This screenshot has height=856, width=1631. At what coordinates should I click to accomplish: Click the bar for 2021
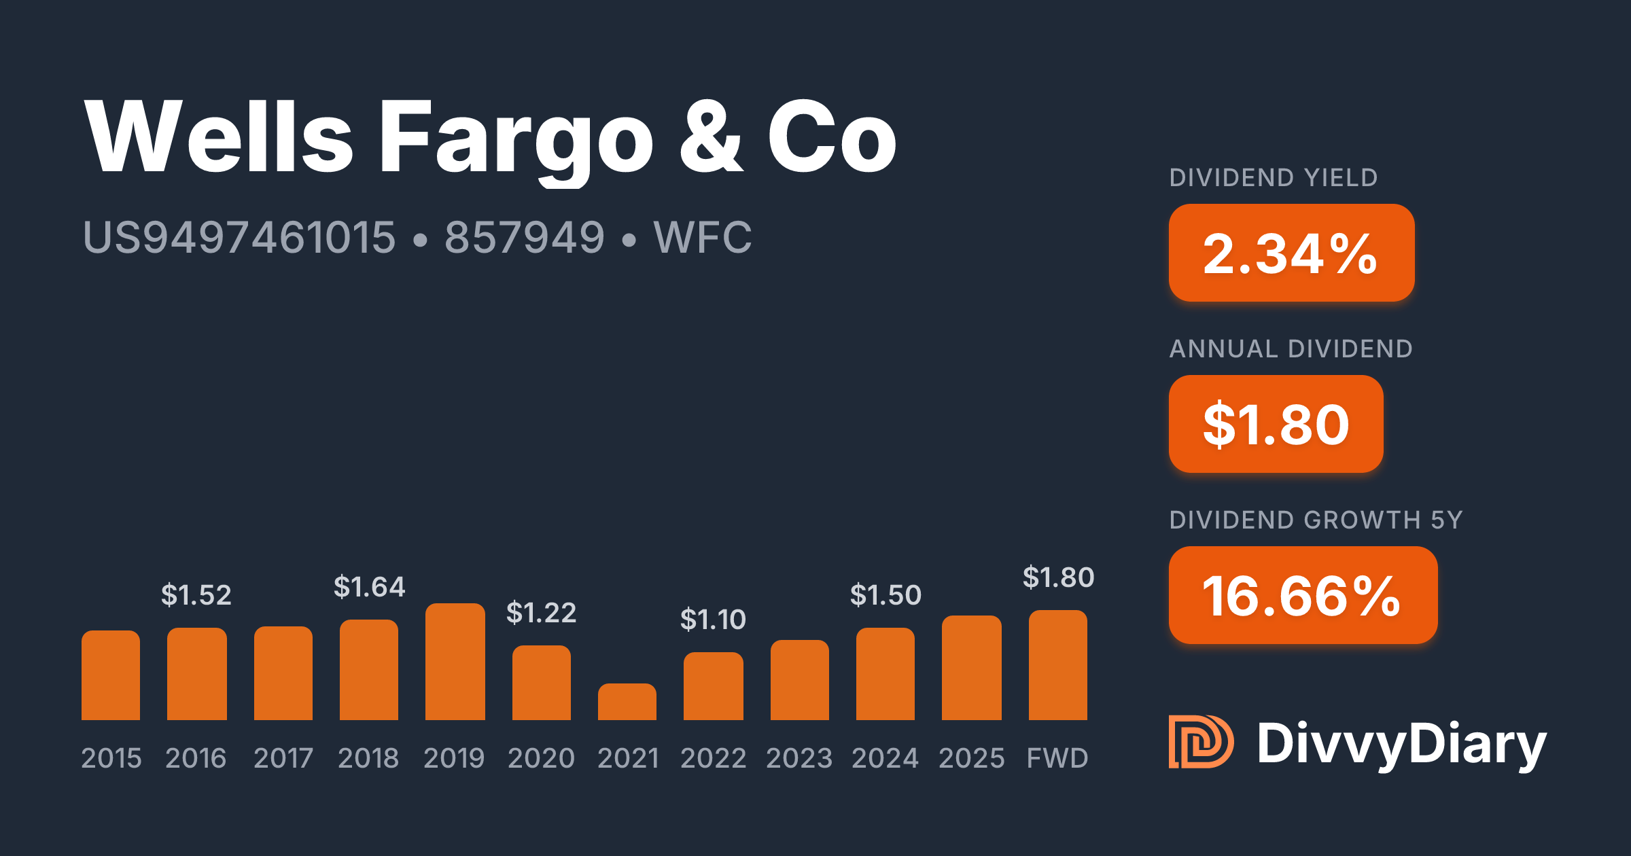pyautogui.click(x=627, y=702)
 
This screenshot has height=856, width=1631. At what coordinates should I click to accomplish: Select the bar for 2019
pyautogui.click(x=455, y=662)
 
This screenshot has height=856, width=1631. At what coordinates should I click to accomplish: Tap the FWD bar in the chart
pyautogui.click(x=1057, y=665)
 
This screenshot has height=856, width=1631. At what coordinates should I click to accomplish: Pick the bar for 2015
pyautogui.click(x=111, y=675)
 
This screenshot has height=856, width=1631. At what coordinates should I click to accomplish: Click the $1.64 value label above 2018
pyautogui.click(x=369, y=587)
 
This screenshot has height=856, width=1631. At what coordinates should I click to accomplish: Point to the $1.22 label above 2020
pyautogui.click(x=541, y=613)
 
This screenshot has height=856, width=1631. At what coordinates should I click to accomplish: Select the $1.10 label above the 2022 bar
pyautogui.click(x=713, y=620)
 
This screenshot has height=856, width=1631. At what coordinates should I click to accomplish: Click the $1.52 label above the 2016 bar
pyautogui.click(x=196, y=595)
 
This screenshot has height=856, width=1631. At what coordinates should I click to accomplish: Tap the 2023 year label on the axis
pyautogui.click(x=799, y=758)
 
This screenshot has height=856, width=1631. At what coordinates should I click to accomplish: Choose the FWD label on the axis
pyautogui.click(x=1057, y=758)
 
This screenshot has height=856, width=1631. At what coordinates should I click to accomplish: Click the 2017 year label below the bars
pyautogui.click(x=283, y=758)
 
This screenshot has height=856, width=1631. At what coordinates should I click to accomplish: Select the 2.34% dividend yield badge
pyautogui.click(x=1291, y=253)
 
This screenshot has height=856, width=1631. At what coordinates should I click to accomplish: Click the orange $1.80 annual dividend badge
pyautogui.click(x=1276, y=424)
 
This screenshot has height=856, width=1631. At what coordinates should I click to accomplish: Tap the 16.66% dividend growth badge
pyautogui.click(x=1303, y=595)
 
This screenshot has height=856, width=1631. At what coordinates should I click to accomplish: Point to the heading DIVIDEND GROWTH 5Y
pyautogui.click(x=1316, y=520)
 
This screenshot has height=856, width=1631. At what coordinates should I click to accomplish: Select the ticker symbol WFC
pyautogui.click(x=703, y=238)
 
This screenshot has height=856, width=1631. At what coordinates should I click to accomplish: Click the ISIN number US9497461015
pyautogui.click(x=239, y=238)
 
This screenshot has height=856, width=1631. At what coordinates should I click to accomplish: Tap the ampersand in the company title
pyautogui.click(x=711, y=137)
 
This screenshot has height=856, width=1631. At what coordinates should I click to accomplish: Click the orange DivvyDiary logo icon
pyautogui.click(x=1201, y=742)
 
